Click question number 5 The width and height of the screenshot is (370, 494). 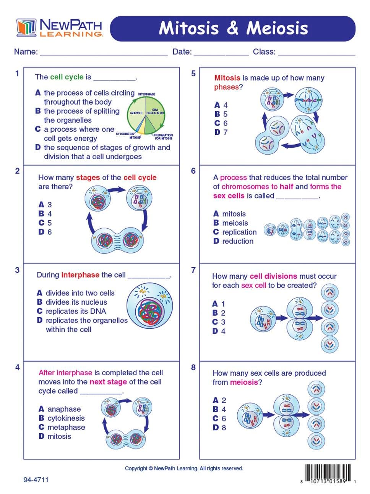click(193, 73)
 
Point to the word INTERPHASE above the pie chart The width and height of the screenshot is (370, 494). click(146, 94)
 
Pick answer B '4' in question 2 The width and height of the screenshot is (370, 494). click(45, 214)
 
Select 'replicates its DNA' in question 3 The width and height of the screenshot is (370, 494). click(76, 311)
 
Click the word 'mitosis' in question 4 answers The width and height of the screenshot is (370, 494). click(59, 436)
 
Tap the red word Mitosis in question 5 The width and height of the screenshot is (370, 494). click(227, 78)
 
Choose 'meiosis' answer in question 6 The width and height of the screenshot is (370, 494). click(235, 223)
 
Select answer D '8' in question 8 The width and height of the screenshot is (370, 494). click(219, 428)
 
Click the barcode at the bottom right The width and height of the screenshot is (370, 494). click(328, 473)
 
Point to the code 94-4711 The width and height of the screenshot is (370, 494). click(36, 479)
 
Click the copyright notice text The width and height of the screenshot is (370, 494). click(184, 468)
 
